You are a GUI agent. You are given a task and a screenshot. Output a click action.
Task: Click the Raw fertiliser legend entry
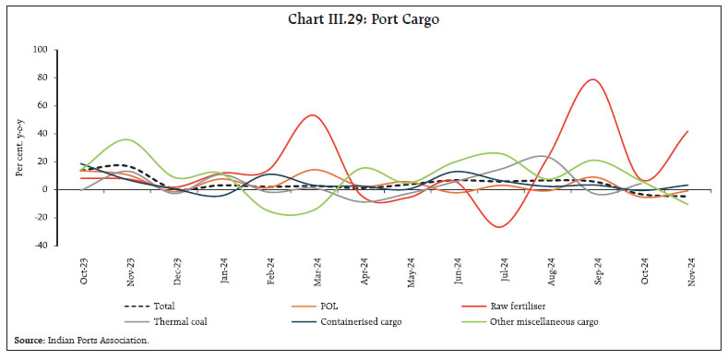[x=540, y=306]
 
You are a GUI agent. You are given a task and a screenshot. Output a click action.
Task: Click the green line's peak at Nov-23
[x=127, y=139]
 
